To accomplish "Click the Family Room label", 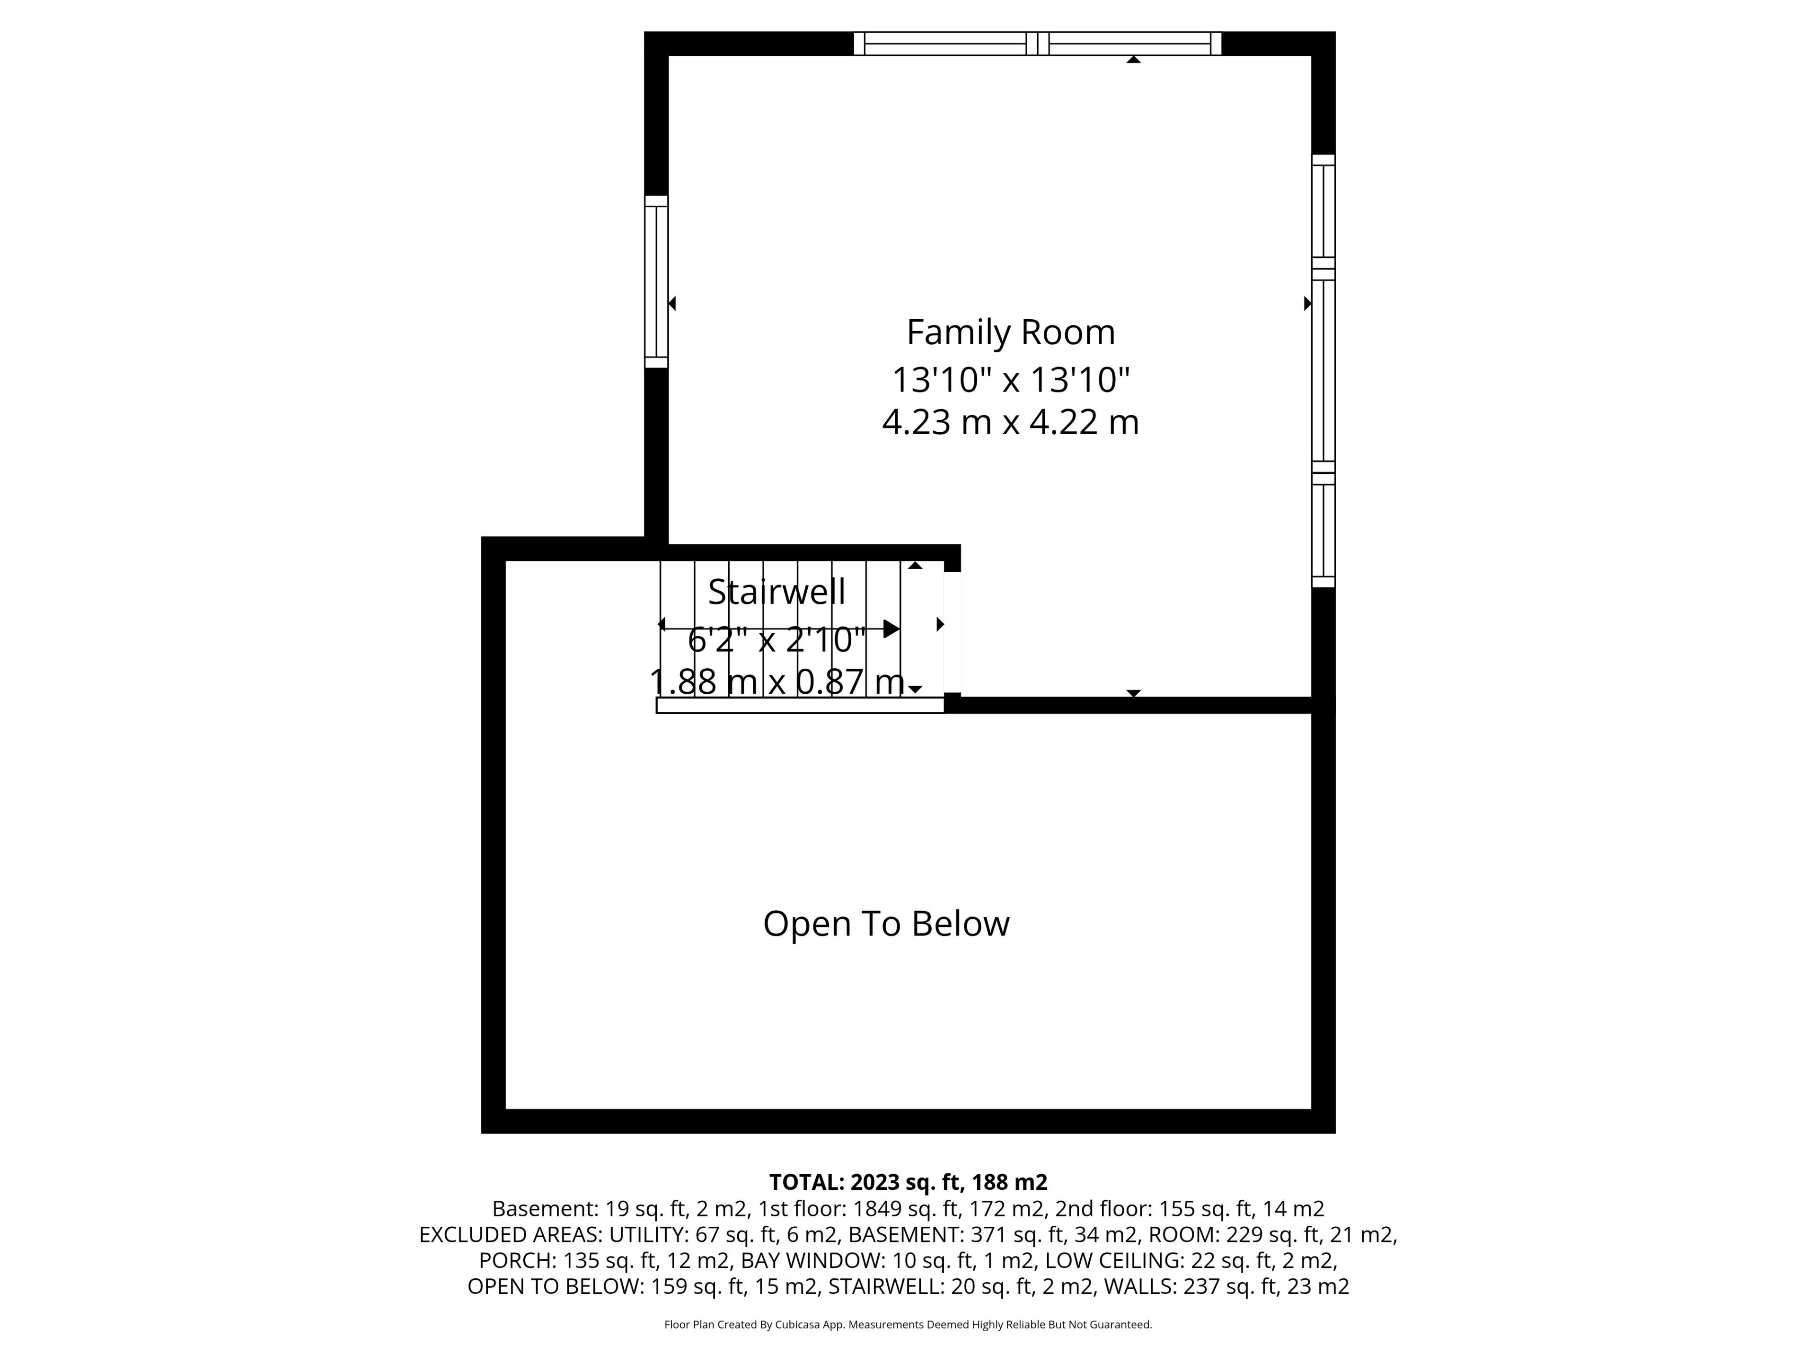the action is [x=1010, y=332].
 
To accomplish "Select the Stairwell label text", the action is [x=776, y=592].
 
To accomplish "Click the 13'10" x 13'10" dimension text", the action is [x=1010, y=380].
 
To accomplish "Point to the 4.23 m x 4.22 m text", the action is [x=1010, y=423].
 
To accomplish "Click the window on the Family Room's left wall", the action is [x=656, y=281].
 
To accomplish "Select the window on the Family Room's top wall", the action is [x=1038, y=44].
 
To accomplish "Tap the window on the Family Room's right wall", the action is [x=1323, y=371].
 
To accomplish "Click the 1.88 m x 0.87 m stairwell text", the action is [x=777, y=681].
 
